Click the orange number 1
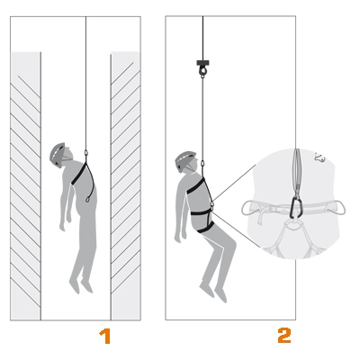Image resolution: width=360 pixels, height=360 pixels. (105, 336)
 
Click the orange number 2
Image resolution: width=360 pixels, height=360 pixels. (284, 336)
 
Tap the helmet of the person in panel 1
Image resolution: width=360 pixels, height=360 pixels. (57, 154)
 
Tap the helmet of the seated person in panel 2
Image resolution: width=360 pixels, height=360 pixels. (184, 160)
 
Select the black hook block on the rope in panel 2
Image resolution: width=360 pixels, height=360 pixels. (202, 67)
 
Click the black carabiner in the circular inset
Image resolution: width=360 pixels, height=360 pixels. (296, 207)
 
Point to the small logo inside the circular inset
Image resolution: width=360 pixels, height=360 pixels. (319, 157)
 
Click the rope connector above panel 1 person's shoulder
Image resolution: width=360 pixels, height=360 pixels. (86, 154)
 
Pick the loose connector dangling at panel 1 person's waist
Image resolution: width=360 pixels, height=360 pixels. (87, 199)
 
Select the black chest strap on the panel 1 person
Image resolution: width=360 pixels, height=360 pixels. (78, 174)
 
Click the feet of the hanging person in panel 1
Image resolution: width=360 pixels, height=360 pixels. (81, 284)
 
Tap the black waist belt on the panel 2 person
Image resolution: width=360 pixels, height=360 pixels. (201, 212)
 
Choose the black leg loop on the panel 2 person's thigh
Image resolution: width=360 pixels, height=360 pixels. (205, 228)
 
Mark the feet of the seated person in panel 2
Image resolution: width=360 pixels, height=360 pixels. (213, 292)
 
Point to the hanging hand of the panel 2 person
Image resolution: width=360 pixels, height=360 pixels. (178, 238)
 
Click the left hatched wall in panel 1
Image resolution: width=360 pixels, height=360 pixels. (26, 186)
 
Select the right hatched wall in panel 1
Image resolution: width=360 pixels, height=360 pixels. (125, 186)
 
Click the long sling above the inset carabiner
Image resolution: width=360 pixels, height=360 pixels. (297, 172)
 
